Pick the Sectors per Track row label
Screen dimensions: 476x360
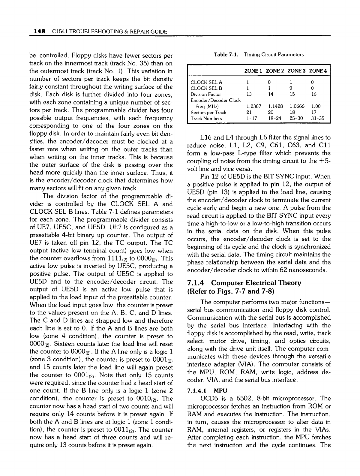coord(208,113)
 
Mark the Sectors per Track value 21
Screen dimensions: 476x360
coord(249,113)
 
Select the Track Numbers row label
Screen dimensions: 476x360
coord(206,119)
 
